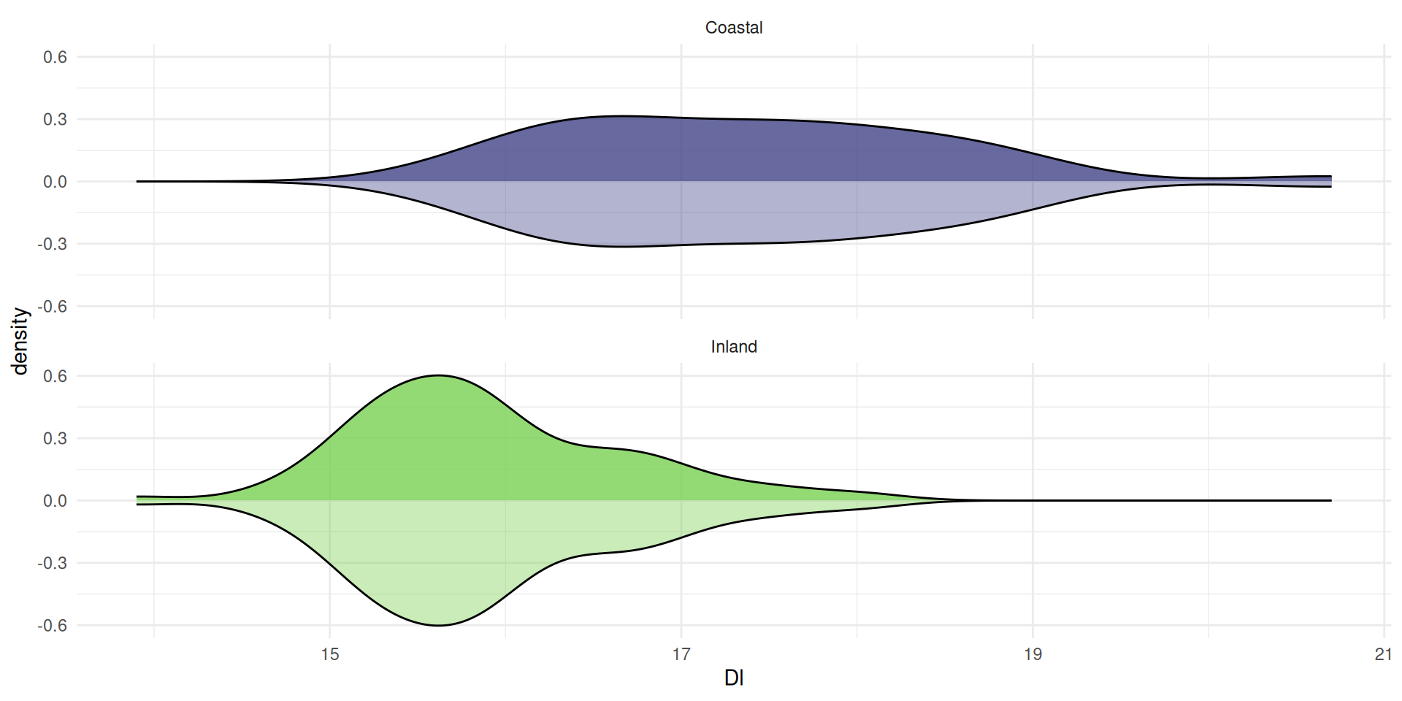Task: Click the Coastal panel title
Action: point(733,28)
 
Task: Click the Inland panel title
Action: point(733,347)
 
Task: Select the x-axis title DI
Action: point(733,678)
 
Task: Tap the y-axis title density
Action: point(20,341)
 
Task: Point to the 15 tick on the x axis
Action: point(330,654)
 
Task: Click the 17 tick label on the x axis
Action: point(681,654)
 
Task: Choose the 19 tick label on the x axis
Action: point(1033,654)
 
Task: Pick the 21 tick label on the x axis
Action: point(1383,654)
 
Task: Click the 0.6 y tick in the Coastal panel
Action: point(55,57)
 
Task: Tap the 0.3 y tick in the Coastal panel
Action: point(55,119)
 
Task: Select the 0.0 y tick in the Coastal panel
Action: point(55,182)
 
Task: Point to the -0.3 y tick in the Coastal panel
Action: point(52,244)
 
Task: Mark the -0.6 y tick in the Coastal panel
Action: point(52,307)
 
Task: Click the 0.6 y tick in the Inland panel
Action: point(55,376)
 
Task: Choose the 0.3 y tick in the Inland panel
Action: point(55,438)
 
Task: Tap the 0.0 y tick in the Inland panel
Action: point(55,501)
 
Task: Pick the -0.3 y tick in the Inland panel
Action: point(52,563)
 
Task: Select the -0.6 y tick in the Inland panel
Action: point(52,626)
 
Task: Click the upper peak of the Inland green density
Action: point(438,375)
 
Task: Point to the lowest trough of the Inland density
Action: point(438,625)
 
